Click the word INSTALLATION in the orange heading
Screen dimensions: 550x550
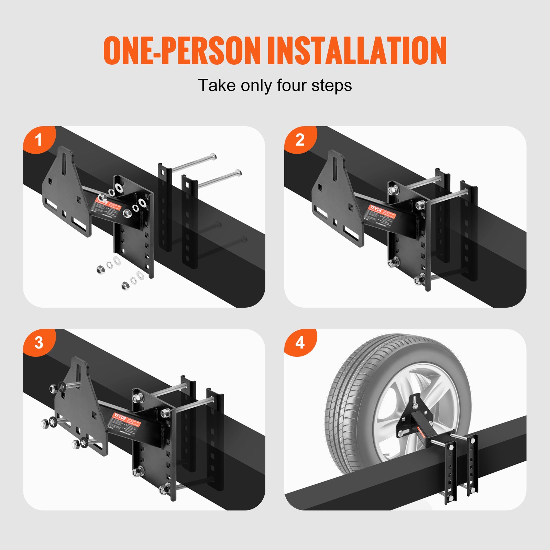357,51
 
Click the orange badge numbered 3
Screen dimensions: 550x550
38,342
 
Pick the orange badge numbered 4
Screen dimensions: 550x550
300,342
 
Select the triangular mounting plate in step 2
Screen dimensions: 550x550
335,199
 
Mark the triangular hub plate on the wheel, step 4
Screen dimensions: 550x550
409,416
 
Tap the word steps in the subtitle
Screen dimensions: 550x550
331,85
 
